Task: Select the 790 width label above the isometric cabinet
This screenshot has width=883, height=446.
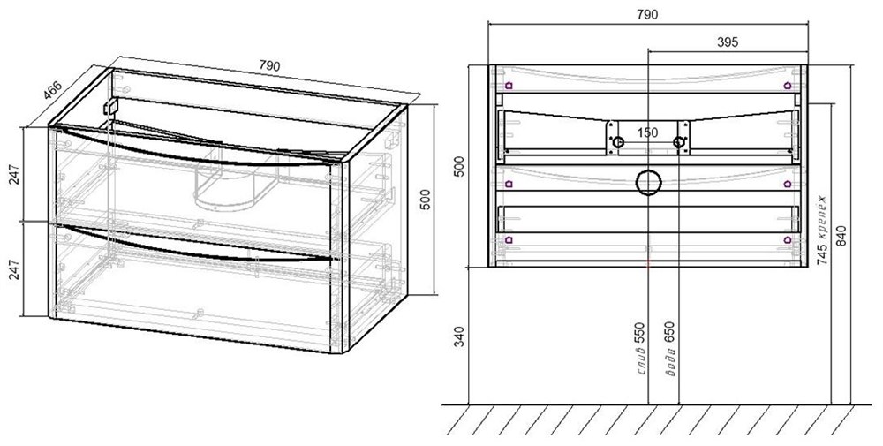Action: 269,66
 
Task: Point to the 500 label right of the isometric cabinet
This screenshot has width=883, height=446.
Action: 426,200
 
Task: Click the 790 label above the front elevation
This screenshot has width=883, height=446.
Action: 647,15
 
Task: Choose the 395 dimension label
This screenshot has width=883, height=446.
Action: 728,42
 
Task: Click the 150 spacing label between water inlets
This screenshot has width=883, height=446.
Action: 647,132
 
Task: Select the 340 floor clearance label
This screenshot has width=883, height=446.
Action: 460,336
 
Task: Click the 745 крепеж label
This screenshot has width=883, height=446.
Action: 821,231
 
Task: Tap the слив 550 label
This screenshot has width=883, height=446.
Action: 641,349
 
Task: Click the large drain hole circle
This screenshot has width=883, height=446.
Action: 647,183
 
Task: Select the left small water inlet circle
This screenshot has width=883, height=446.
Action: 618,142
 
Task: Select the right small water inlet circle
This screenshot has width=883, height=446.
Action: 678,142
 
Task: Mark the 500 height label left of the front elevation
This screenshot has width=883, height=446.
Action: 460,167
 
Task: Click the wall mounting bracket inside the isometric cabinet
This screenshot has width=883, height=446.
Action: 111,107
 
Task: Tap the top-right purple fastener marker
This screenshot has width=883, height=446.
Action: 788,86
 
